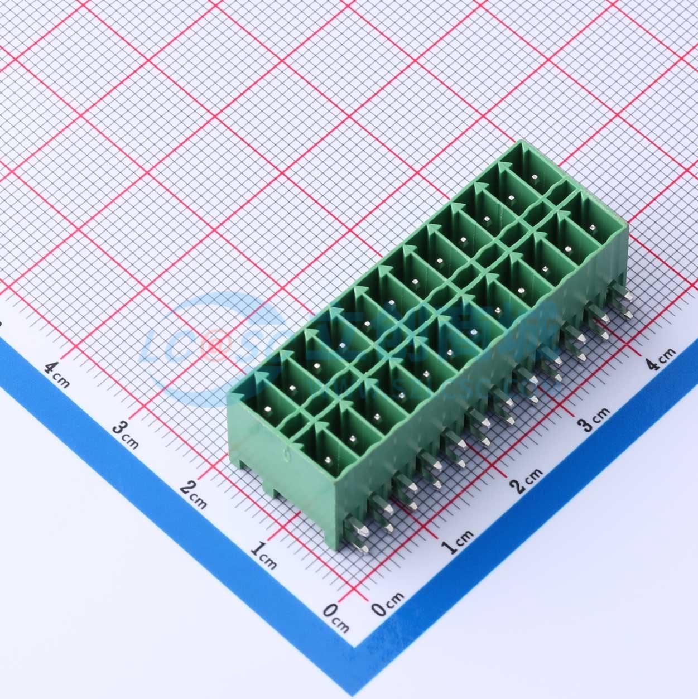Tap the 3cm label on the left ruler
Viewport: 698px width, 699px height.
coord(126,435)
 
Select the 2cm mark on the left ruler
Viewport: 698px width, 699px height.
coord(193,495)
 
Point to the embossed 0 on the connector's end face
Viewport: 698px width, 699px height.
coord(287,455)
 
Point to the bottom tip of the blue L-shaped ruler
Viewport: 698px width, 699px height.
coord(357,647)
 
